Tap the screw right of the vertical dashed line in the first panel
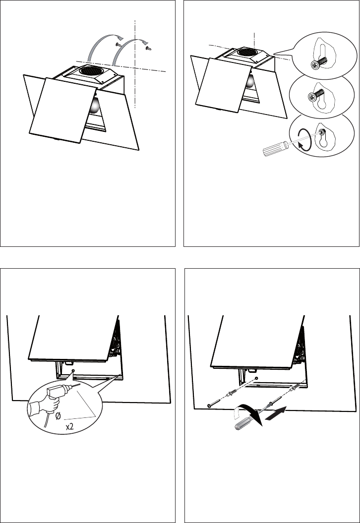pos(149,49)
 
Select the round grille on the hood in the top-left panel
pos(91,70)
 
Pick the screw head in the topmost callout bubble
pos(314,65)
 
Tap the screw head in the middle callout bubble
pos(312,97)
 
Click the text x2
pos(70,427)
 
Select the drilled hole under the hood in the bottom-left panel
pos(73,371)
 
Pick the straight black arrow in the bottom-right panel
pos(276,413)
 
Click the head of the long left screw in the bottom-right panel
pos(209,405)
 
